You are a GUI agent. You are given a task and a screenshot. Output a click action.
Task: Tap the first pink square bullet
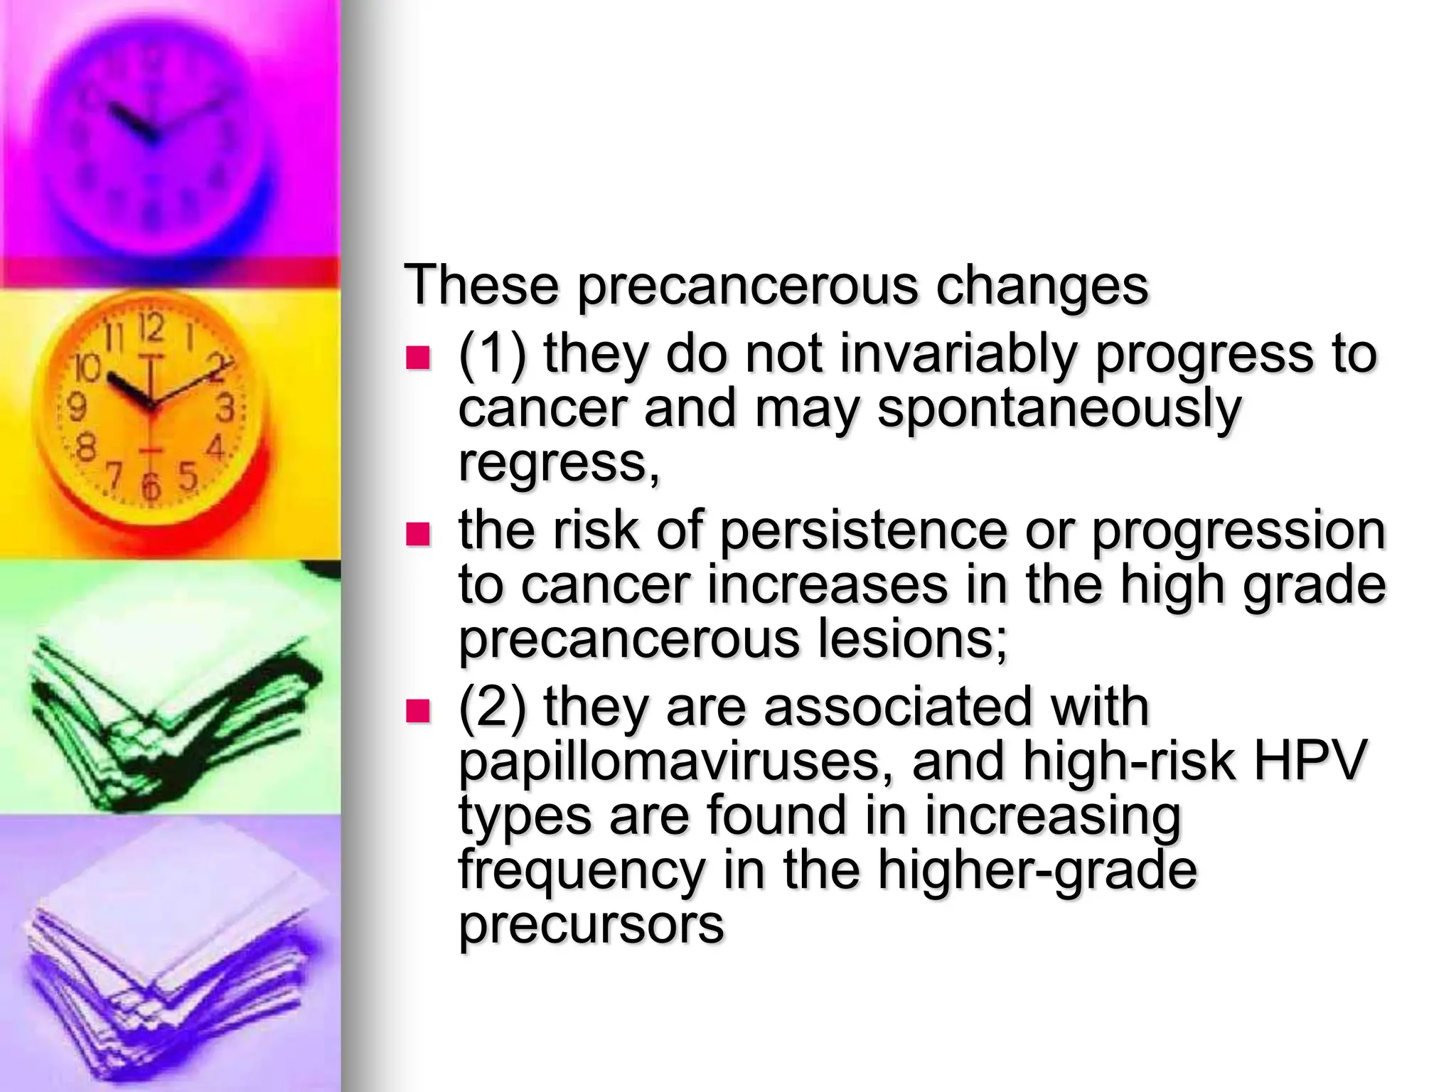point(418,358)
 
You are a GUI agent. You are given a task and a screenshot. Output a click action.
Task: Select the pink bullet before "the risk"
point(418,534)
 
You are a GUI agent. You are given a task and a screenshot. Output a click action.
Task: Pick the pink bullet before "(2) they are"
point(418,710)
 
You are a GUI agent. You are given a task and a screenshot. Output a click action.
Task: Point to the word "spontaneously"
point(1059,409)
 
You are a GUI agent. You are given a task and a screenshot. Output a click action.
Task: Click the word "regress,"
point(560,464)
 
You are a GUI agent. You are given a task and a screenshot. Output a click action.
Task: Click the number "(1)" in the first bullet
point(493,354)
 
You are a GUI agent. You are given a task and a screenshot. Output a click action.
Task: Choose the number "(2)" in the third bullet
point(493,707)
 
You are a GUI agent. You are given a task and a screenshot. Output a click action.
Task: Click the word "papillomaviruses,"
point(675,761)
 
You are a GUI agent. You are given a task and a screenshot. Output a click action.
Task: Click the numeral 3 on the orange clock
point(226,409)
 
